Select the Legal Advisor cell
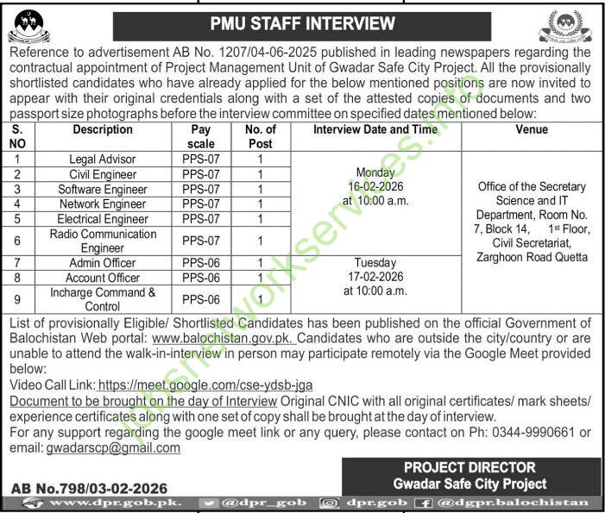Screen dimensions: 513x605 (x=103, y=160)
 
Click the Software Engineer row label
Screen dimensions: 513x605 (x=103, y=189)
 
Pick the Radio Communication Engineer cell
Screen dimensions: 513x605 (x=103, y=240)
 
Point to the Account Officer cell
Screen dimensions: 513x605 (x=103, y=278)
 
